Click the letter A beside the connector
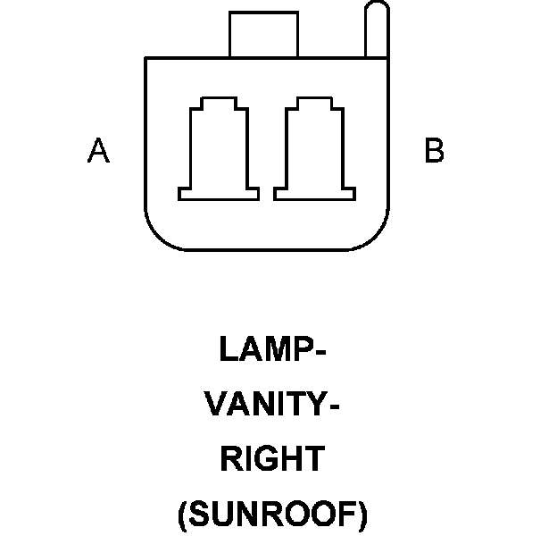coord(98,151)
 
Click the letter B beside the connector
coord(434,151)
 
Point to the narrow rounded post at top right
coord(378,31)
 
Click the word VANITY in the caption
coord(265,404)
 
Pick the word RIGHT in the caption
coord(272,459)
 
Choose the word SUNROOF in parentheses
coord(272,515)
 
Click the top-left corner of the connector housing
coord(147,60)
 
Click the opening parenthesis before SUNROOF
coord(183,515)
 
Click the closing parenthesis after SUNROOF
coord(362,515)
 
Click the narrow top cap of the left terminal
coord(219,103)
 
